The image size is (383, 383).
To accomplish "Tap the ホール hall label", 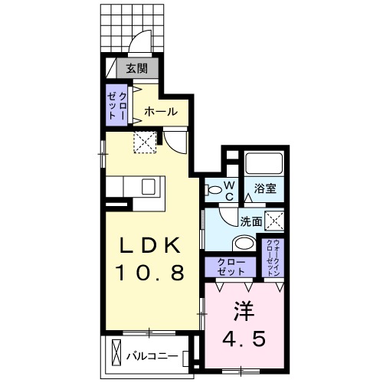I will tap(161, 111).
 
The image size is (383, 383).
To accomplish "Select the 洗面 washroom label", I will tap(251, 221).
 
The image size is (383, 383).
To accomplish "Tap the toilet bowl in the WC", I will tap(211, 188).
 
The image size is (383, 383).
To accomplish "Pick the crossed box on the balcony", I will tap(115, 354).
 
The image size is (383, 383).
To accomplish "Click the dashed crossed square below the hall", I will tap(145, 141).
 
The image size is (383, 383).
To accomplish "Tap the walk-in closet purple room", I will tap(273, 258).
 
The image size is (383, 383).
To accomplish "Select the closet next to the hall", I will tap(117, 106).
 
